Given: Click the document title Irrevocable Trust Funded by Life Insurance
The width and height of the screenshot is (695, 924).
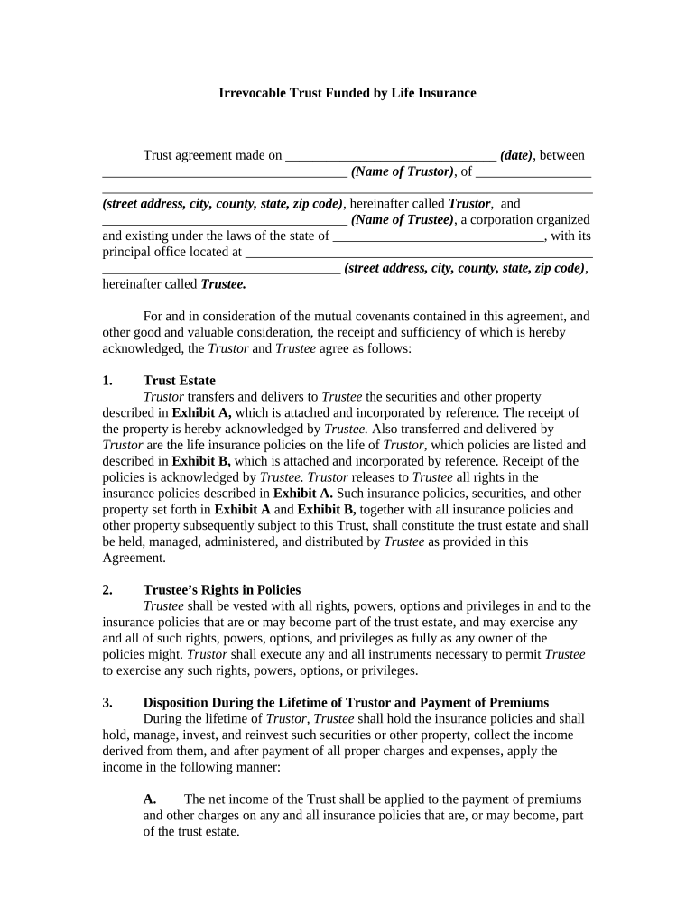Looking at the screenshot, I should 347,93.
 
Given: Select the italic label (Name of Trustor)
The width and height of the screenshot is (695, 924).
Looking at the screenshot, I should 402,171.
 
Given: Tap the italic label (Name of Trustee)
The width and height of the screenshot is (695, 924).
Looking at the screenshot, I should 402,219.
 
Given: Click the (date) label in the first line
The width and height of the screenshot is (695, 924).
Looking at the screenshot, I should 516,155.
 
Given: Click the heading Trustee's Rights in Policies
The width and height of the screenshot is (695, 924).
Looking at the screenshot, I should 222,590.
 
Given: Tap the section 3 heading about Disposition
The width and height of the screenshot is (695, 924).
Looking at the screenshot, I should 346,703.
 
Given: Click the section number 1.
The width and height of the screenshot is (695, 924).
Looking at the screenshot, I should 107,380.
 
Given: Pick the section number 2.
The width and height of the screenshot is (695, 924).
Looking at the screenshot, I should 107,590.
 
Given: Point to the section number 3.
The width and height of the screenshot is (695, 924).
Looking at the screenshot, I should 107,703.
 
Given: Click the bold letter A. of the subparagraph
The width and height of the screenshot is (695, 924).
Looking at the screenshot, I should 150,799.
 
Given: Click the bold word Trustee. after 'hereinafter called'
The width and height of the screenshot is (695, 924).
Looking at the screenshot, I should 223,284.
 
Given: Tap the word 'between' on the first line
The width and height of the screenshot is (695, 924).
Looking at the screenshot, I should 562,155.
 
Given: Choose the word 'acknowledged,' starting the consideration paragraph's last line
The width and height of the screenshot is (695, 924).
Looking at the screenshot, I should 139,348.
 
